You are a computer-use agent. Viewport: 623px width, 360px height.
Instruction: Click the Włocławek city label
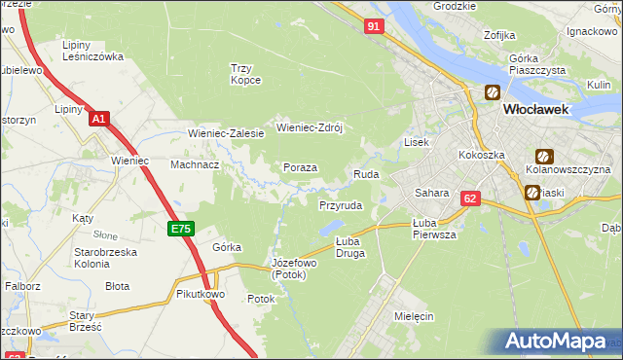(x=543, y=110)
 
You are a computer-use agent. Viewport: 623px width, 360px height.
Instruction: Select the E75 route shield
(x=181, y=229)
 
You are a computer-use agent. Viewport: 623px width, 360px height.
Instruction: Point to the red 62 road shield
(x=471, y=198)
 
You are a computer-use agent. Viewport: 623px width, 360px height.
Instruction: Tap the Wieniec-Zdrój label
(x=311, y=127)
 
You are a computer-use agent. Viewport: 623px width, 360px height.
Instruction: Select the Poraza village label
(x=300, y=167)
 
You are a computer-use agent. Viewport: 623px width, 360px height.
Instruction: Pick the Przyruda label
(x=341, y=206)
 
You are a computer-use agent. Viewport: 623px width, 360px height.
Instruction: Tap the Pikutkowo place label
(x=202, y=293)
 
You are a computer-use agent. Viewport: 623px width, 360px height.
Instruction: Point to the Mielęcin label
(x=415, y=316)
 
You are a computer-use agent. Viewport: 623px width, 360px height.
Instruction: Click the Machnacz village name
(x=194, y=164)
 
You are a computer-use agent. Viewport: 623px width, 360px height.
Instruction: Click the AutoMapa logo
(x=557, y=342)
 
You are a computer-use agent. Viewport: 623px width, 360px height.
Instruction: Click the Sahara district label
(x=431, y=193)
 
